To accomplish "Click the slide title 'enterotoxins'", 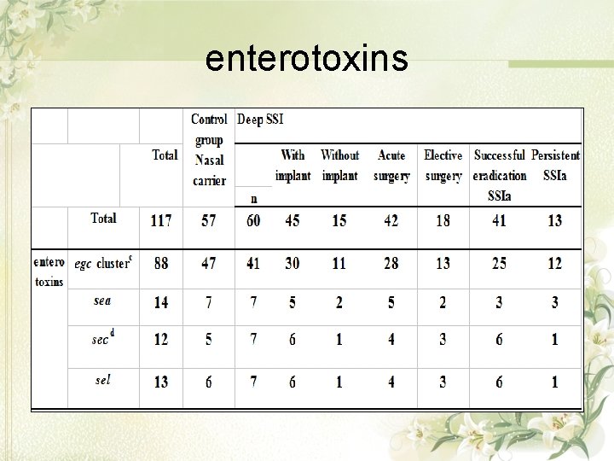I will click(x=307, y=58).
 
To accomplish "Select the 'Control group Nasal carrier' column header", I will click(x=209, y=149).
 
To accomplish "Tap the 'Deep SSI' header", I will click(x=262, y=120).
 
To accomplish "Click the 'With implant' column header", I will click(x=293, y=166).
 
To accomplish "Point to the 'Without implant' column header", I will click(x=339, y=166).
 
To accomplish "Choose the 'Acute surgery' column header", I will click(x=391, y=166).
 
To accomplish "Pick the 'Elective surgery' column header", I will click(x=443, y=166).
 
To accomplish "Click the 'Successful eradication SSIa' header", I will click(x=499, y=175).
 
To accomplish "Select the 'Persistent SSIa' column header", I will click(x=555, y=166).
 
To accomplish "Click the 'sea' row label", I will click(x=102, y=301).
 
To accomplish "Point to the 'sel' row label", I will click(x=102, y=380).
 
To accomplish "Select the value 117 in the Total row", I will click(x=161, y=220).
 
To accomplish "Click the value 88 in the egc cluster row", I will click(x=161, y=263).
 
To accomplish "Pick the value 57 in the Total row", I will click(x=209, y=220).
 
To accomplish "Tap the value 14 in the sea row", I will click(x=161, y=303).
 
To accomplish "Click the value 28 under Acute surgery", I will click(x=391, y=263).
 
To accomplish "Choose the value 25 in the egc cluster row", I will click(x=499, y=263).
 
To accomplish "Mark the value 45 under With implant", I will click(x=293, y=220).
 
